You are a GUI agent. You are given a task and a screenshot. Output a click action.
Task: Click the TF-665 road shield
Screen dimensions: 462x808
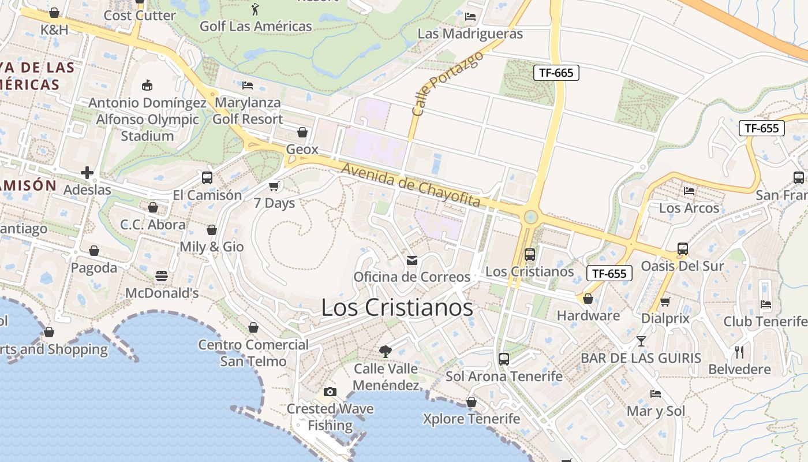click(556, 73)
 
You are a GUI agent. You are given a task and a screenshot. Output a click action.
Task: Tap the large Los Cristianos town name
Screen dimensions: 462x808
click(397, 307)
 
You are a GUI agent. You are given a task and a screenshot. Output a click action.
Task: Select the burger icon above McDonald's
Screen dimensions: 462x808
click(162, 276)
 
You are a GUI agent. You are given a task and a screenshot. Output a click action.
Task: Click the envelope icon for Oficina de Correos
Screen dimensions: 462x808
click(412, 260)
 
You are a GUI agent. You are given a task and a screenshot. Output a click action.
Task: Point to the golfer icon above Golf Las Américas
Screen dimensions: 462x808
click(256, 9)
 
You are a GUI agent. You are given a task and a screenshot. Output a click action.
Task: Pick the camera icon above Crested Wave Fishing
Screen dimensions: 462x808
click(330, 392)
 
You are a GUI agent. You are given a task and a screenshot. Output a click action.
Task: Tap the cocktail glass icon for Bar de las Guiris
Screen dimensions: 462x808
click(641, 341)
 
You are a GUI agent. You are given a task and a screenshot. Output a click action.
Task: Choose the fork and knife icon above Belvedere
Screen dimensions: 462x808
click(739, 352)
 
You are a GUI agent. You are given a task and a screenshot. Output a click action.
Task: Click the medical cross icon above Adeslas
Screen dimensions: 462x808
click(87, 172)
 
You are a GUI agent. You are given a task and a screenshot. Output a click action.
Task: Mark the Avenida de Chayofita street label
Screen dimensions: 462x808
click(411, 185)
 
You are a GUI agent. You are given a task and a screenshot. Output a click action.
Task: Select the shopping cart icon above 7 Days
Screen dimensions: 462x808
click(274, 186)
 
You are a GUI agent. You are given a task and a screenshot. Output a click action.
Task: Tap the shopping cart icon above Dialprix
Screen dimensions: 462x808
click(665, 301)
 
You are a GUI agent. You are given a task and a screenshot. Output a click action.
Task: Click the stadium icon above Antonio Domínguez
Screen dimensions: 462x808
click(147, 85)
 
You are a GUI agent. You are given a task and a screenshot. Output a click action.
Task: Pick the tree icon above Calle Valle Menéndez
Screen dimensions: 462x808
click(385, 351)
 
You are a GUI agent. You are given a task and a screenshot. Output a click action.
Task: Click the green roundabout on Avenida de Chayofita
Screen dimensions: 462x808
click(530, 217)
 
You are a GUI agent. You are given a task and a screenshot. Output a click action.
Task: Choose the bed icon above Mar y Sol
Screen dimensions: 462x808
click(656, 394)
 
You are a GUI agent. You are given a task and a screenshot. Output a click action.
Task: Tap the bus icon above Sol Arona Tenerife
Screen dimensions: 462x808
click(503, 359)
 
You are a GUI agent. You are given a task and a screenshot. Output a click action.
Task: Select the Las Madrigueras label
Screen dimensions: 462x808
click(470, 33)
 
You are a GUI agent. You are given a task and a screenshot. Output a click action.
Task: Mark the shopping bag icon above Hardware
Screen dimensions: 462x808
click(588, 299)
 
